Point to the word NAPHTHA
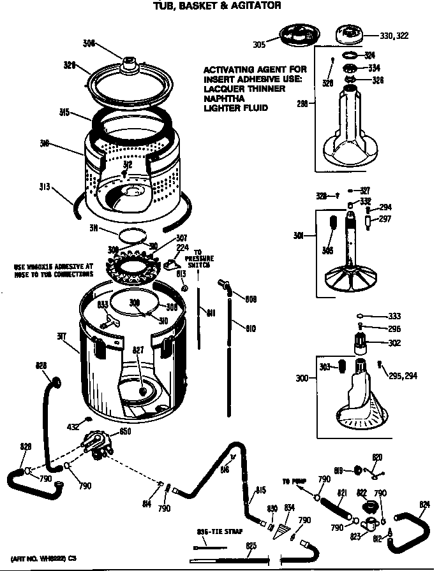pyautogui.click(x=223, y=99)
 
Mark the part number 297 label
pyautogui.click(x=384, y=219)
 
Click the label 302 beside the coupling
pyautogui.click(x=394, y=343)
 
